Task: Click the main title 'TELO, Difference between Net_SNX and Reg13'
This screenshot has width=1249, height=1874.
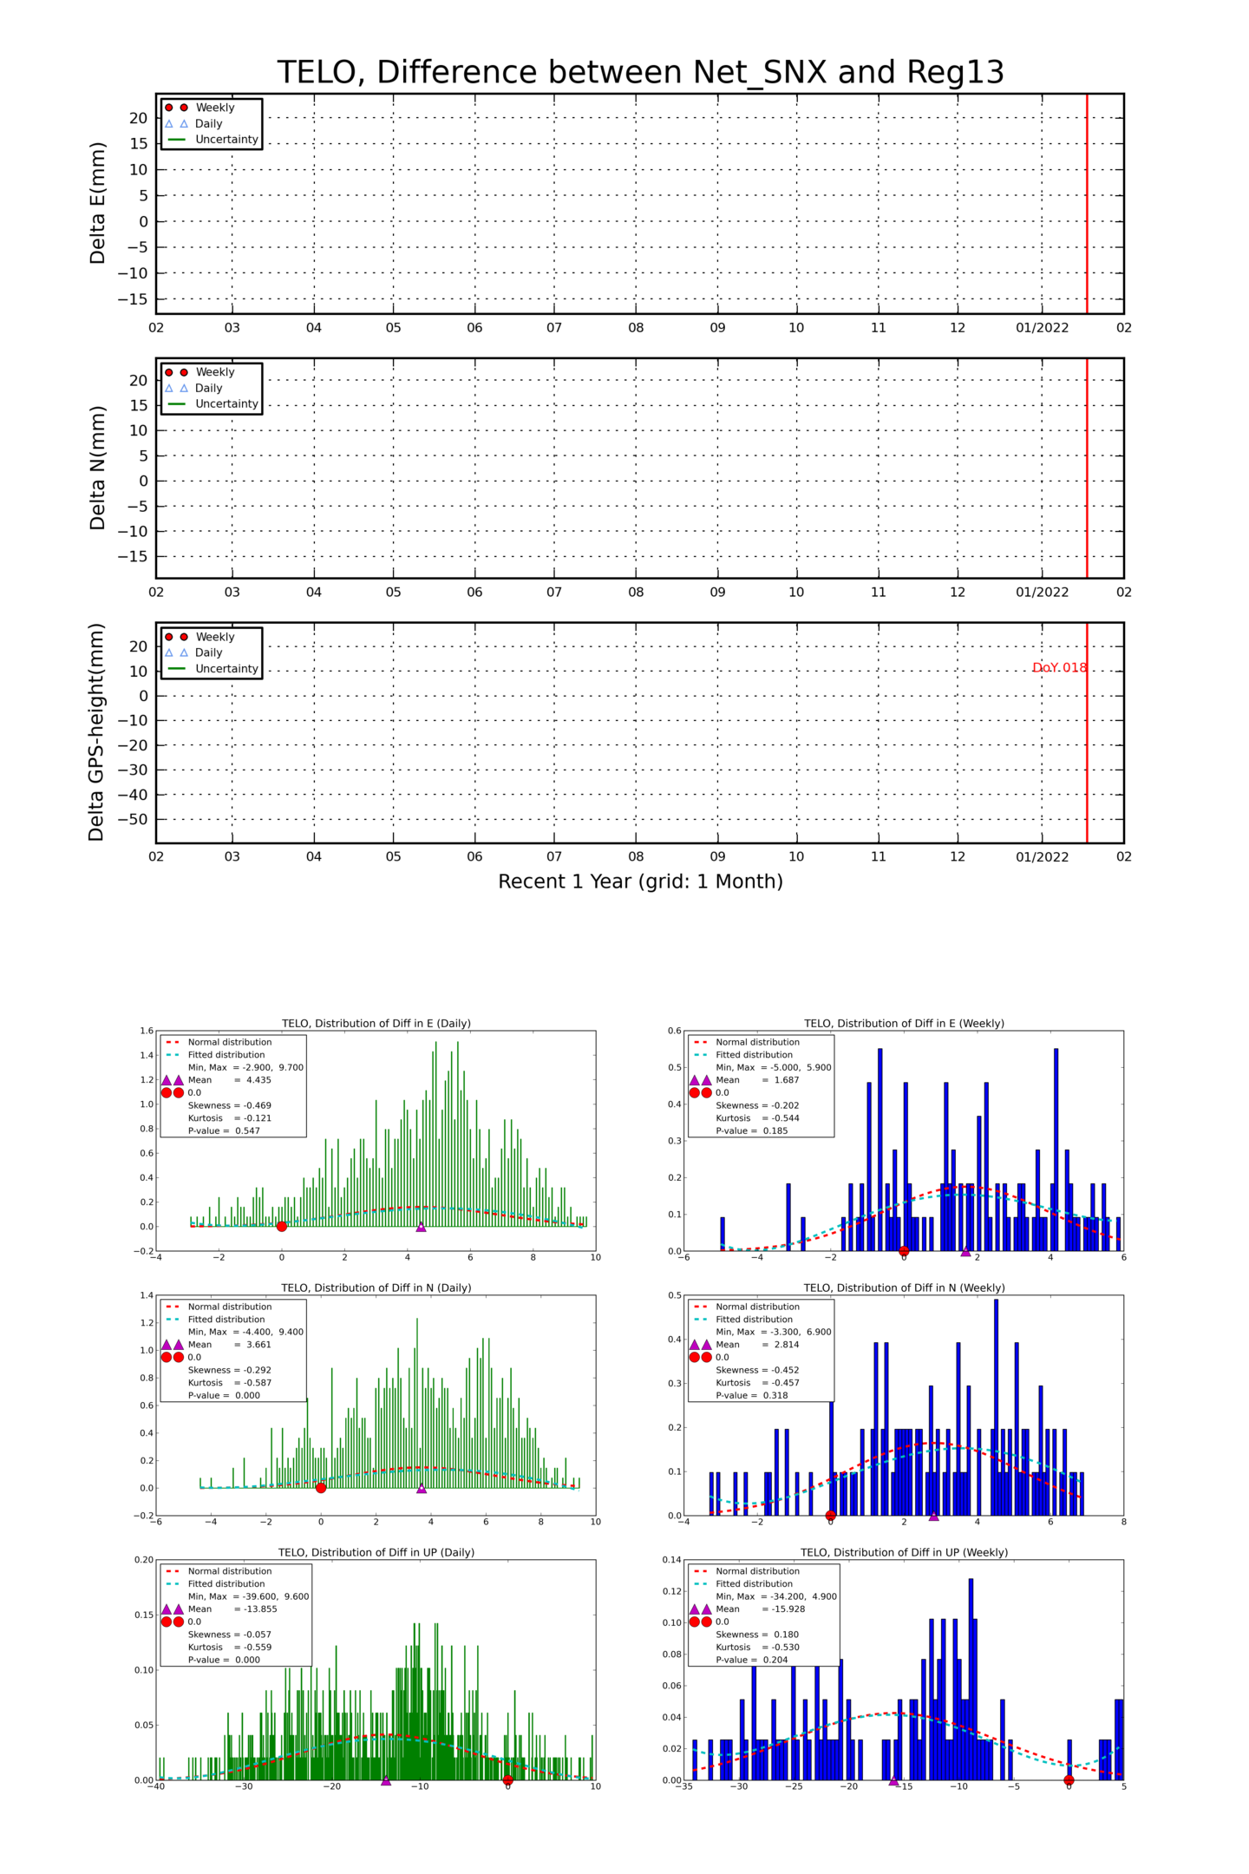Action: (640, 72)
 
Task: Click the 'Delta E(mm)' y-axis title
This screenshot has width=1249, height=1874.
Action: (97, 204)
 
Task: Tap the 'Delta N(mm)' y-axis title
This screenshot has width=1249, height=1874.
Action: (97, 468)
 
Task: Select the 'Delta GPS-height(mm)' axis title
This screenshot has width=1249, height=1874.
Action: (96, 732)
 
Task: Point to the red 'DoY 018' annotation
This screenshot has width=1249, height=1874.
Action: (1059, 668)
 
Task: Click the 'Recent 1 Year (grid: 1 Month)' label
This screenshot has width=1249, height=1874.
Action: (640, 881)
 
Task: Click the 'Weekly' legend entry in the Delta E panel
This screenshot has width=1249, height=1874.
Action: (214, 108)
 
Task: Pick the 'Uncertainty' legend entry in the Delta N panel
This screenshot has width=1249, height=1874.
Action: (226, 404)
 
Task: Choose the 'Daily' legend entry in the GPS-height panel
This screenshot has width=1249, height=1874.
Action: (208, 652)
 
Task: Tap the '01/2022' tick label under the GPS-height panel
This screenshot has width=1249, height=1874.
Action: (1042, 856)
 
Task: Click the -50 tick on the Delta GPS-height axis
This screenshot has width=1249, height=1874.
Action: (137, 819)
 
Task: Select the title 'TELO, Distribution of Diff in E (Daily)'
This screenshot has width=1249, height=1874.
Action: (376, 1023)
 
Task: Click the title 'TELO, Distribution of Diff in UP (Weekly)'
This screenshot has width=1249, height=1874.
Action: (904, 1552)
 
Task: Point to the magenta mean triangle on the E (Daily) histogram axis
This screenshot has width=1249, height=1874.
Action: (421, 1227)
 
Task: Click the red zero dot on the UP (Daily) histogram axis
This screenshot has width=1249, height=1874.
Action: (507, 1780)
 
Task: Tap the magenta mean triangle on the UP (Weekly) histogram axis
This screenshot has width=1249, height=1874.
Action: (893, 1780)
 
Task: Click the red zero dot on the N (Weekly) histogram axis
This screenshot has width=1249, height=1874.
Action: (830, 1516)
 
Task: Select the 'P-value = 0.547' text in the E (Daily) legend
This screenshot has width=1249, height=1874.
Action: (224, 1130)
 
